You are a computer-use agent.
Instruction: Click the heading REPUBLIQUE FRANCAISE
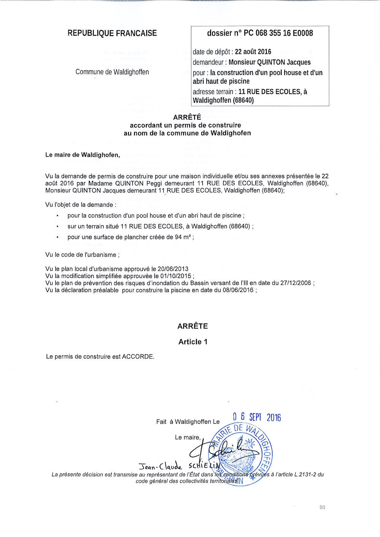112,33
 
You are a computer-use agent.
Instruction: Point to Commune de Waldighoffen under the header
112,72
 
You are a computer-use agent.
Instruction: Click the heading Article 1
193,342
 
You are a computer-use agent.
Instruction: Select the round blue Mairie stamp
243,451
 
